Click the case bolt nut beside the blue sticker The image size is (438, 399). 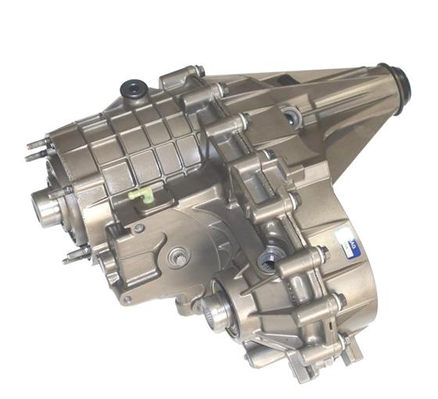[321, 253]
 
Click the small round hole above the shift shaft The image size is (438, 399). [139, 228]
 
